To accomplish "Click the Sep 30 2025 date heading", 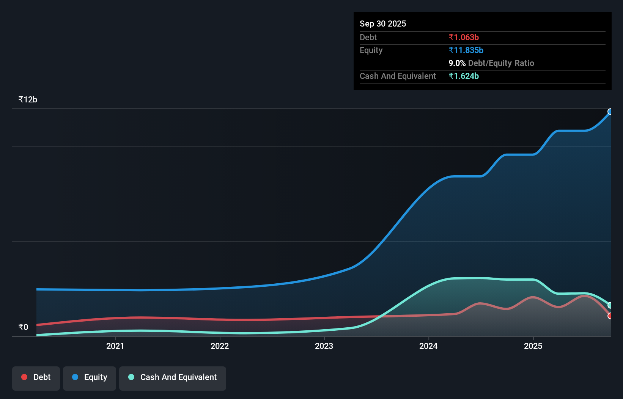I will [382, 24].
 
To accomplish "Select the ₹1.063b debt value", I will [463, 37].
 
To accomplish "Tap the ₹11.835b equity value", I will [466, 50].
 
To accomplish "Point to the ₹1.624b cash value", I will [463, 76].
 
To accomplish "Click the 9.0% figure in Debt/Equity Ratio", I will [457, 63].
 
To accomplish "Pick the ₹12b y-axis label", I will [28, 99].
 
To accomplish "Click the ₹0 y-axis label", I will [23, 327].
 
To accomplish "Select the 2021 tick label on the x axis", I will [115, 346].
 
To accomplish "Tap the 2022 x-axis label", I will [220, 346].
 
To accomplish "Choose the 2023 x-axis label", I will [324, 346].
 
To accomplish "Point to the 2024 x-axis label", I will [428, 346].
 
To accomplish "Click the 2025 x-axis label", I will [533, 346].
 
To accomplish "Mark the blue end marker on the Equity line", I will [610, 112].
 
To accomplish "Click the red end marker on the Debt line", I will [610, 316].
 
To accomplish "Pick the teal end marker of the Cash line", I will [610, 305].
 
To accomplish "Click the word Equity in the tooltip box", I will [371, 50].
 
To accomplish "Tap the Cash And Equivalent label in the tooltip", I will [398, 76].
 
